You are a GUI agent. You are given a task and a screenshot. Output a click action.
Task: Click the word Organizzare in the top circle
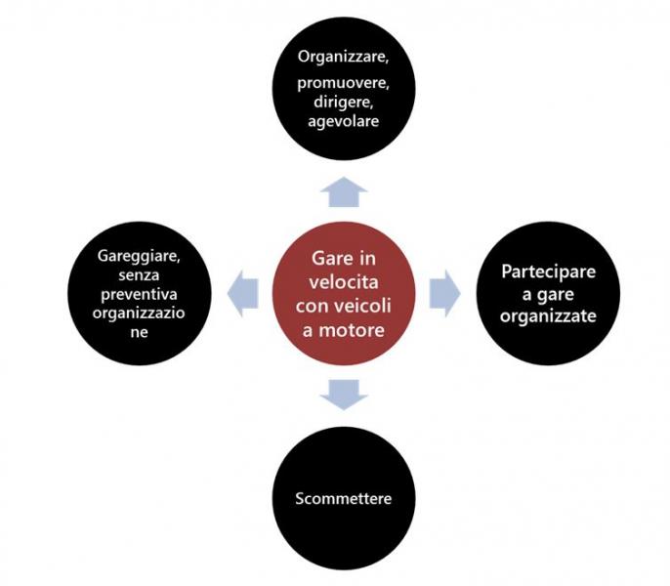343,57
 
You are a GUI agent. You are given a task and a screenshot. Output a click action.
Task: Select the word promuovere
343,83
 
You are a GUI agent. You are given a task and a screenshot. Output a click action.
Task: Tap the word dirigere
343,103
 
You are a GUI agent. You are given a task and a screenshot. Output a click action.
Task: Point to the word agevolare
343,121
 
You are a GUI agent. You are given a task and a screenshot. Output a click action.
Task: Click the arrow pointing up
344,191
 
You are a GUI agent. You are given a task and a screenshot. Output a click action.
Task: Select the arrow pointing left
242,293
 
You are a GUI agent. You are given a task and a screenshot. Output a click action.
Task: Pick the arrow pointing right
444,293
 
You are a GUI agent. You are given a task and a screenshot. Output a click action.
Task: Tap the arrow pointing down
344,395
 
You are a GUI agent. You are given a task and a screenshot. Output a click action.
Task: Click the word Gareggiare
139,256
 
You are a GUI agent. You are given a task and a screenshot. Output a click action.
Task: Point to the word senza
139,275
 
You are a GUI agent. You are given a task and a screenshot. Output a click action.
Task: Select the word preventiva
139,294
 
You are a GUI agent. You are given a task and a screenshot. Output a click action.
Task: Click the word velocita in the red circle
344,282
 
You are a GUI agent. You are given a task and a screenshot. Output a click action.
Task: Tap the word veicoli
365,306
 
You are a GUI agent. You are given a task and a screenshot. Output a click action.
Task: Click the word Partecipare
548,272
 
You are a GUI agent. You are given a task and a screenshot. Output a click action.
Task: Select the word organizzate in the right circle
548,316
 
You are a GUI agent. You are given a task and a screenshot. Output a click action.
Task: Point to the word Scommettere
344,498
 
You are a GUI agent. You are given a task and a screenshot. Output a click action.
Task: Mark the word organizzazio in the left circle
139,314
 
